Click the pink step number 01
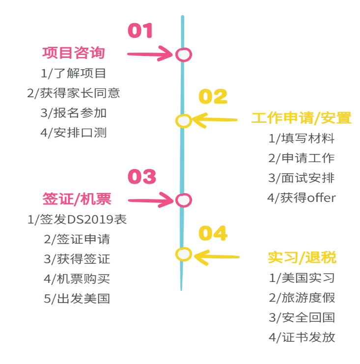click(x=140, y=31)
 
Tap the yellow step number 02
click(x=213, y=97)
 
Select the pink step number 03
click(x=142, y=176)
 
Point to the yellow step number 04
click(x=213, y=233)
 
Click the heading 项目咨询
click(x=73, y=53)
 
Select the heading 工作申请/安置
click(x=301, y=118)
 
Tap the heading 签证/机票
click(x=77, y=199)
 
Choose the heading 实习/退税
click(x=302, y=257)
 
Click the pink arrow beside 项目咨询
click(x=150, y=54)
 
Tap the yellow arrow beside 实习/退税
click(x=217, y=256)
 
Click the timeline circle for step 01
click(x=183, y=55)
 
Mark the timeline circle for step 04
click(x=183, y=254)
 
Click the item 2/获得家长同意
click(x=73, y=93)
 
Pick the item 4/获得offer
click(x=301, y=198)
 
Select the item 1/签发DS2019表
click(x=77, y=220)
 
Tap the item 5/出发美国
click(x=77, y=299)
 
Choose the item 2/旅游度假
click(x=302, y=298)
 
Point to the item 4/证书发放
click(x=302, y=337)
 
